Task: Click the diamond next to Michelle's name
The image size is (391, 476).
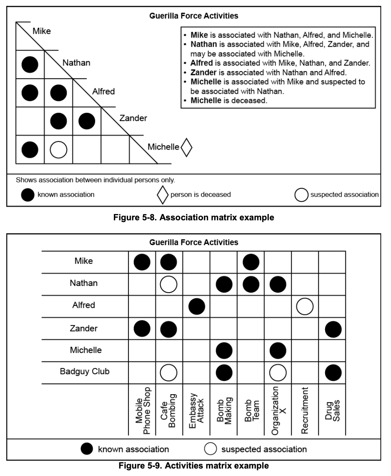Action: pos(186,147)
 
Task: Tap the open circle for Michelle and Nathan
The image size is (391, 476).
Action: pos(58,149)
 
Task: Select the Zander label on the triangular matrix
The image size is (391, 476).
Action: pos(133,118)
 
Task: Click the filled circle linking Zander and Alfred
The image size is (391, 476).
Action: pos(87,121)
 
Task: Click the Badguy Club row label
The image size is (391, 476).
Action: pos(84,372)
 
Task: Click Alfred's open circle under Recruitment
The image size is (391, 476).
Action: pos(305,307)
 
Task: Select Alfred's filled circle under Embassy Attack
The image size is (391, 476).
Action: pos(196,307)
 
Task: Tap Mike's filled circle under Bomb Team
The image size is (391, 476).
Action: pos(250,262)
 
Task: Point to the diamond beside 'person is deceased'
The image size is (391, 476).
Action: pos(163,194)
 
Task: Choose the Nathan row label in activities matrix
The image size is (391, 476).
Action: pos(84,283)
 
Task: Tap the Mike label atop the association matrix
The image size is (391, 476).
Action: pos(41,31)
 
